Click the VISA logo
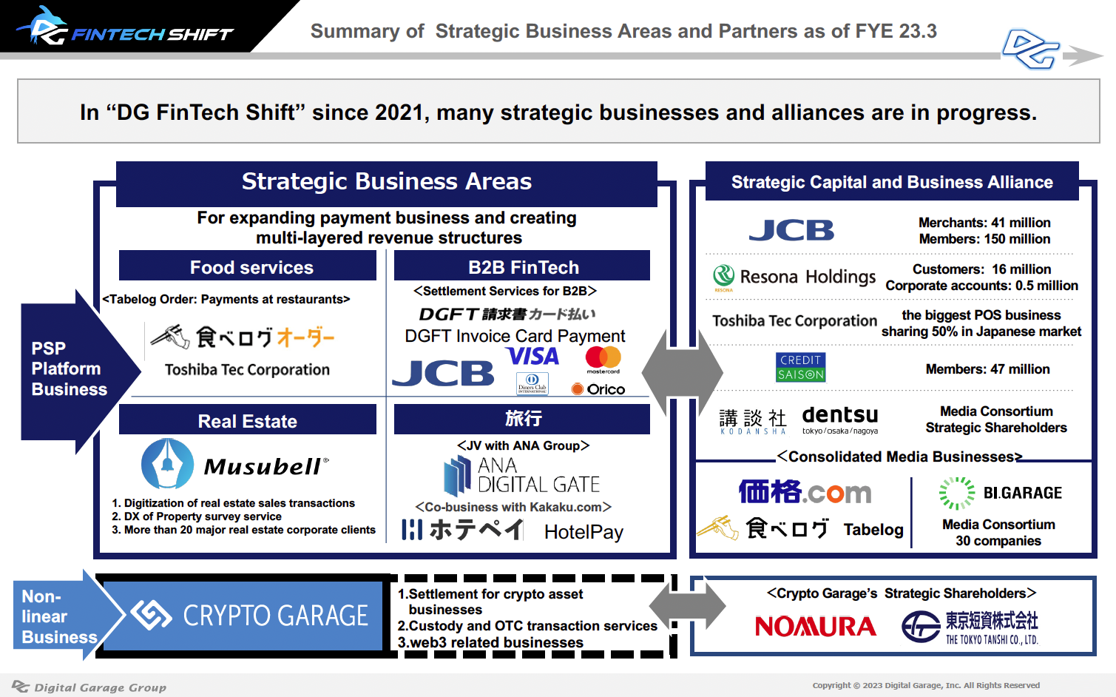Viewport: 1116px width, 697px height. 532,356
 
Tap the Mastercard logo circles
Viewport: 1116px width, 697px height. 603,357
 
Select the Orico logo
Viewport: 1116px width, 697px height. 598,389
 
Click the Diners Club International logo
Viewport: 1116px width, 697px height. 532,383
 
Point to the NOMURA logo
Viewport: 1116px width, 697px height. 816,627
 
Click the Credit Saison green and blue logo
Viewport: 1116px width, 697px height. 801,368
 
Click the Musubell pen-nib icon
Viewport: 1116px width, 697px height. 167,464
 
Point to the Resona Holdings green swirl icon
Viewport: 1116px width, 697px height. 723,276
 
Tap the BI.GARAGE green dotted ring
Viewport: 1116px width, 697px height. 957,493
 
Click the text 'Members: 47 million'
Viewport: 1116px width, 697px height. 987,369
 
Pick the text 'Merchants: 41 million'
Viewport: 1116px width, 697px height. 984,223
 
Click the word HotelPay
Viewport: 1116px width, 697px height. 584,533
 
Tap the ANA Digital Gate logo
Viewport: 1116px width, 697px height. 521,475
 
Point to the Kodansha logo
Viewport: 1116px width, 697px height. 753,422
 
